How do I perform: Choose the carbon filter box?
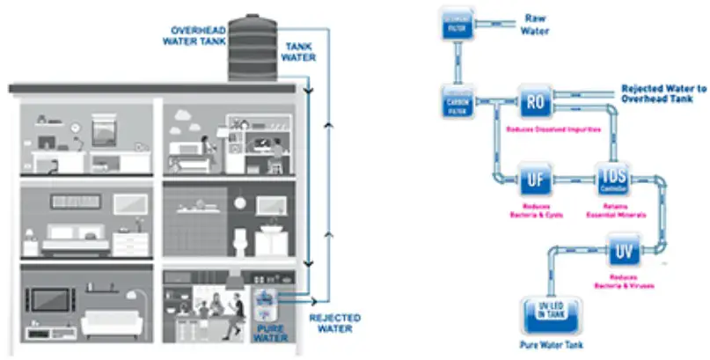pos(457,106)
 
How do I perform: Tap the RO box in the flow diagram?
pos(534,102)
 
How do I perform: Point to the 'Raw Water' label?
pos(536,24)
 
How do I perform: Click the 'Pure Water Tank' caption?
pos(551,344)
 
